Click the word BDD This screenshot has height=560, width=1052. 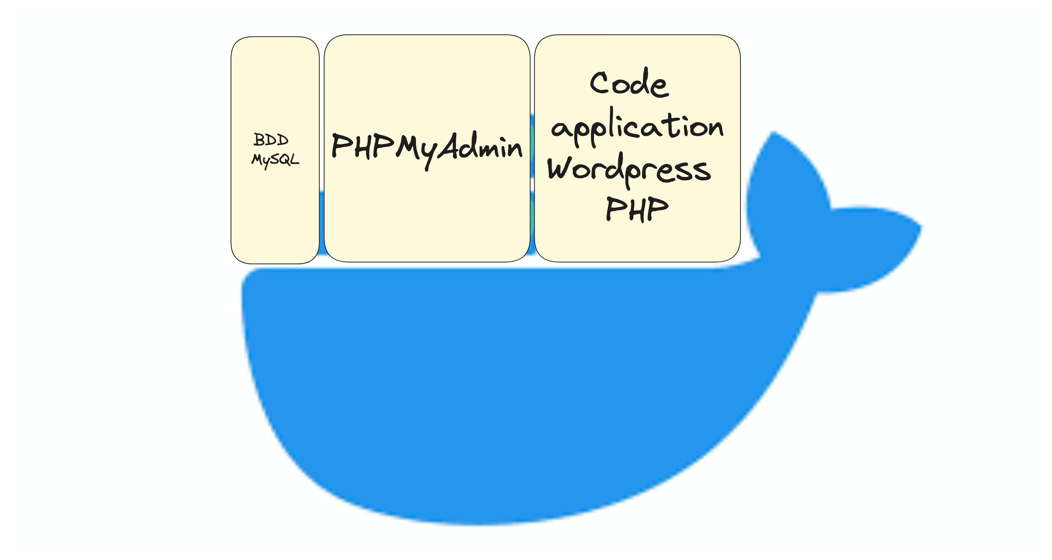(271, 140)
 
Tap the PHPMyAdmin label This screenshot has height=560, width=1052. (427, 149)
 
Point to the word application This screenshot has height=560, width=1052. (638, 127)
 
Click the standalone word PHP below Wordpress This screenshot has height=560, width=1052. (637, 209)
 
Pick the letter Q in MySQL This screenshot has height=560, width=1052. (284, 159)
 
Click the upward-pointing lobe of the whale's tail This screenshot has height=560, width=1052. (786, 192)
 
